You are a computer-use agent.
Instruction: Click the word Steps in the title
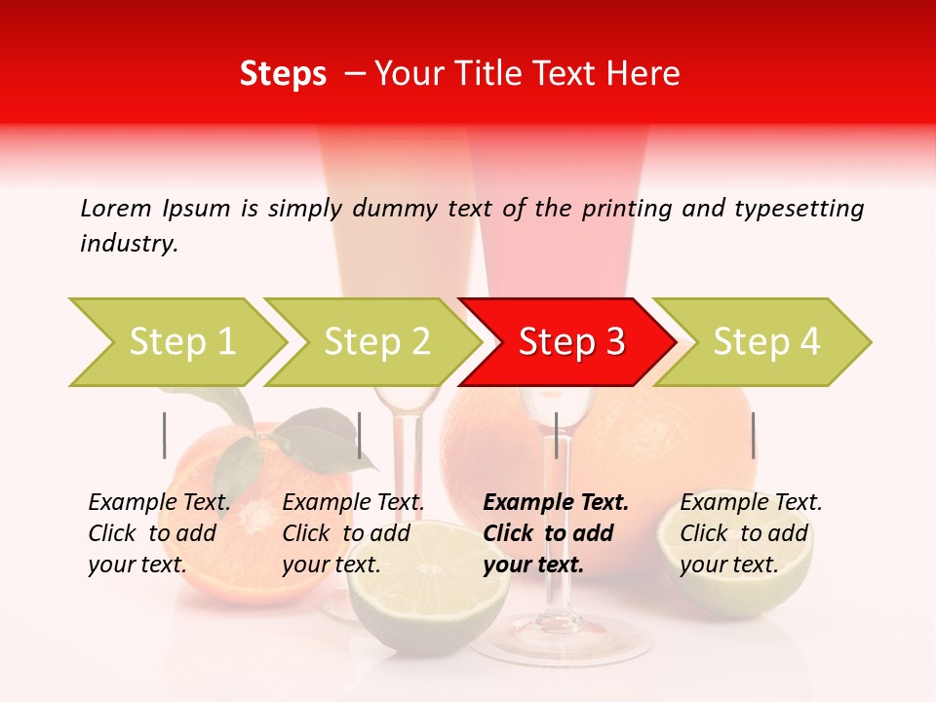tap(283, 74)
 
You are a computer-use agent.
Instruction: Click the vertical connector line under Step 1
tap(165, 435)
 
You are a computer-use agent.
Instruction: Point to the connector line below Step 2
tap(360, 435)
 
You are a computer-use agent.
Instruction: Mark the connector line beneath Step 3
tap(556, 435)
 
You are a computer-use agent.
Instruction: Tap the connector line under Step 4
tap(753, 435)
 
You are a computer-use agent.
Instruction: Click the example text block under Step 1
tap(159, 533)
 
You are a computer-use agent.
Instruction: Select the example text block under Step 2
tap(353, 533)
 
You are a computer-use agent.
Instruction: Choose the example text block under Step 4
tap(751, 533)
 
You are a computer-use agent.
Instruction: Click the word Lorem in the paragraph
tap(116, 208)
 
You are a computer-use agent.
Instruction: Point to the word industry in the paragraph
tap(129, 244)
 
